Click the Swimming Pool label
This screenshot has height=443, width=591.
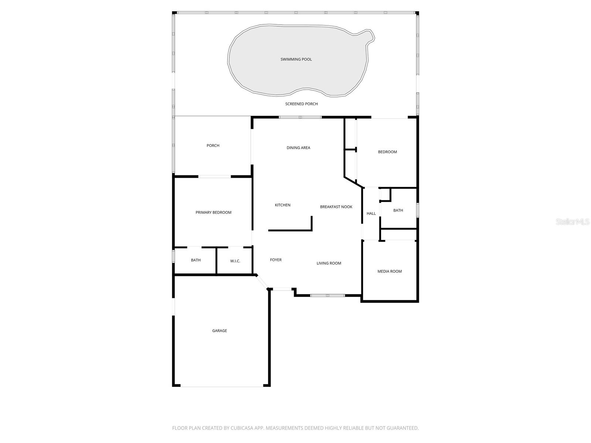pos(296,59)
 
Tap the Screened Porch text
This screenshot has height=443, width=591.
pos(301,104)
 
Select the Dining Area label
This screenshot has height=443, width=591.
pos(298,148)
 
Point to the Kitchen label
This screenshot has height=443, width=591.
pos(283,205)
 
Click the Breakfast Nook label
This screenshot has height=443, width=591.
pos(336,207)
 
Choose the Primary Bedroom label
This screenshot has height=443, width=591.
pos(213,212)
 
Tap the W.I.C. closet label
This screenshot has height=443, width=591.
pos(235,261)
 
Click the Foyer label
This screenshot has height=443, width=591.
pos(276,260)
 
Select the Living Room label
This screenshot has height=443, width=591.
pos(329,263)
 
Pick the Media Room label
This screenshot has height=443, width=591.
pos(389,271)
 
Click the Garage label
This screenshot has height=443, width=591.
pos(219,331)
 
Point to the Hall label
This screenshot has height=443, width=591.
pos(371,213)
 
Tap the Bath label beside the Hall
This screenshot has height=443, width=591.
pos(398,210)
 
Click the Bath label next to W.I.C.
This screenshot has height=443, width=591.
pos(196,260)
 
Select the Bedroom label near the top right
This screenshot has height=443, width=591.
pos(387,152)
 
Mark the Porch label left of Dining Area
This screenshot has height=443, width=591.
pos(213,145)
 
